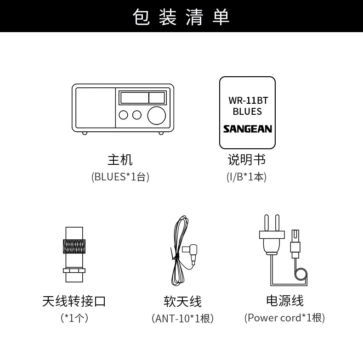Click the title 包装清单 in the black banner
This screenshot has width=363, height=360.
[181, 17]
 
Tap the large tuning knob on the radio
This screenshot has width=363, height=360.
[156, 115]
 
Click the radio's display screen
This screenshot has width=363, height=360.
[142, 98]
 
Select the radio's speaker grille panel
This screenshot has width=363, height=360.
[95, 108]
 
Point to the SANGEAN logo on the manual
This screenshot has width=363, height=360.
[247, 129]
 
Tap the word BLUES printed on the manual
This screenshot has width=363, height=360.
[247, 112]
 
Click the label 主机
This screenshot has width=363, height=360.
[120, 160]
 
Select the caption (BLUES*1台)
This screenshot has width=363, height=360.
[120, 177]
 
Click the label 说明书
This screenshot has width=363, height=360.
[247, 160]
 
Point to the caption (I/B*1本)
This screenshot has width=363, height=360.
[247, 177]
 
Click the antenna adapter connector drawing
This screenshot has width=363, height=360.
[74, 254]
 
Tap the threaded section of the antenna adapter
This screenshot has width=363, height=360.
[74, 247]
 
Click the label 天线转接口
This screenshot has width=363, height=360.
[74, 301]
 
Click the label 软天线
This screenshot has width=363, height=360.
[182, 301]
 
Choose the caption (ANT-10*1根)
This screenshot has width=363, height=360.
[182, 318]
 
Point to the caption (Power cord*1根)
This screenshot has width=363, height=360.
[284, 318]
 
